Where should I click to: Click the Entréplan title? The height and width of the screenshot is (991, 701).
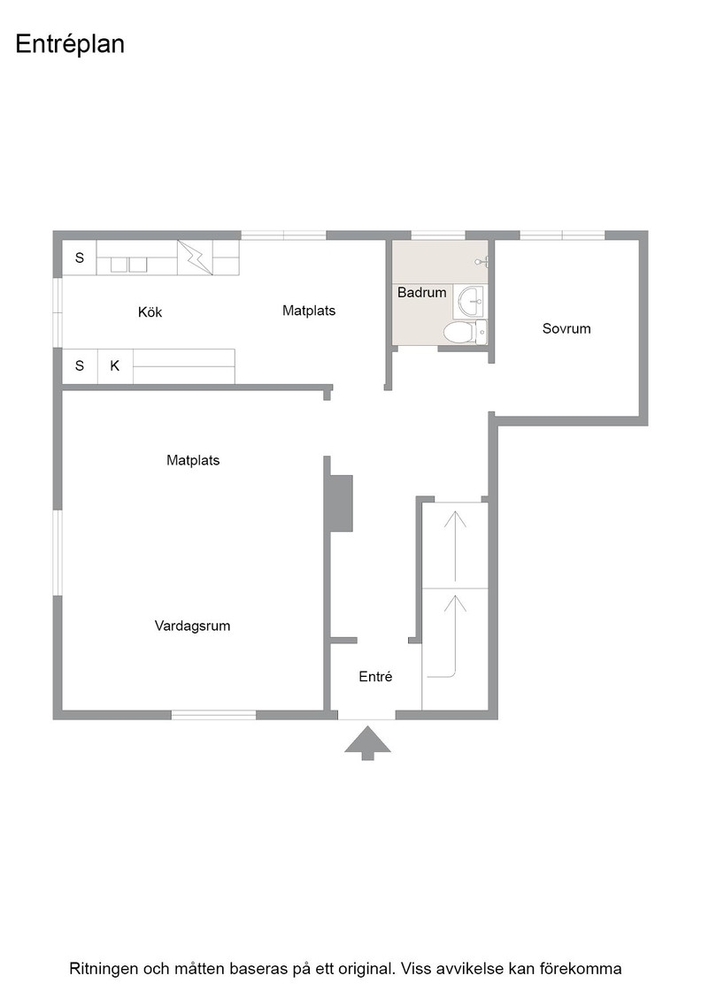click(x=70, y=44)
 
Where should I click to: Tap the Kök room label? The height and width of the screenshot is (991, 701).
click(x=150, y=312)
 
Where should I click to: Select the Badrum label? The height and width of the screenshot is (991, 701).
click(x=421, y=293)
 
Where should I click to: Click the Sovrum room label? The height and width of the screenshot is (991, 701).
click(x=566, y=328)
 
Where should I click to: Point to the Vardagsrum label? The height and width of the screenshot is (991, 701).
click(x=192, y=626)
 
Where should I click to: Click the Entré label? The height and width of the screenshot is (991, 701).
click(x=375, y=677)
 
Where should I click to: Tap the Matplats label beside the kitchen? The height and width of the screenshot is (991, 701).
click(x=309, y=311)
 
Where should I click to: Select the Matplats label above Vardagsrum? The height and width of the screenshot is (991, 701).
click(x=193, y=460)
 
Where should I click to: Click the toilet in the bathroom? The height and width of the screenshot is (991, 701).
click(x=465, y=332)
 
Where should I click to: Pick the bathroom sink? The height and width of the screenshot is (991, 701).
click(x=471, y=302)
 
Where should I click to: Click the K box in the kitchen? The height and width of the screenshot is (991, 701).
click(x=115, y=366)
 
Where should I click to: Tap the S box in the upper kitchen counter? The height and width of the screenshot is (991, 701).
click(x=79, y=257)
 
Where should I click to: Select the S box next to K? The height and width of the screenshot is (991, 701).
click(x=80, y=366)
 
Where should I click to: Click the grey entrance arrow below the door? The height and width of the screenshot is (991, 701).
click(x=368, y=743)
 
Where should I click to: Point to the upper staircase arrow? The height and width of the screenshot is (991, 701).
click(x=455, y=546)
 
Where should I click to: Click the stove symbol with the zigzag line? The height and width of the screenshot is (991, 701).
click(x=195, y=257)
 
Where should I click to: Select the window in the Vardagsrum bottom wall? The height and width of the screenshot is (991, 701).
click(x=213, y=715)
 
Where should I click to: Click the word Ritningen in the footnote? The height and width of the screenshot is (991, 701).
click(x=101, y=969)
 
